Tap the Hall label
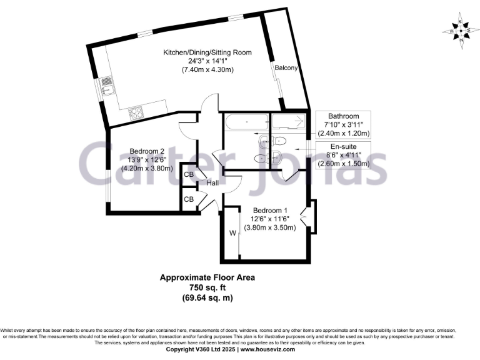click(212, 183)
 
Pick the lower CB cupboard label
click(189, 199)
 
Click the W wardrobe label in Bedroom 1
click(232, 233)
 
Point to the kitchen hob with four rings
click(136, 113)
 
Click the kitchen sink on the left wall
click(106, 86)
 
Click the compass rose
click(460, 30)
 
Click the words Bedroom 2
click(147, 151)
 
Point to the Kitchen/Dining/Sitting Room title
click(207, 52)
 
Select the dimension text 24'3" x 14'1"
click(207, 61)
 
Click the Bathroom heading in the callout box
click(344, 116)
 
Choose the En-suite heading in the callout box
click(344, 146)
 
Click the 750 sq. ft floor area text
click(207, 287)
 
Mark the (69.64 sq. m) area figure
click(207, 297)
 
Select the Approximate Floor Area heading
click(207, 277)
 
